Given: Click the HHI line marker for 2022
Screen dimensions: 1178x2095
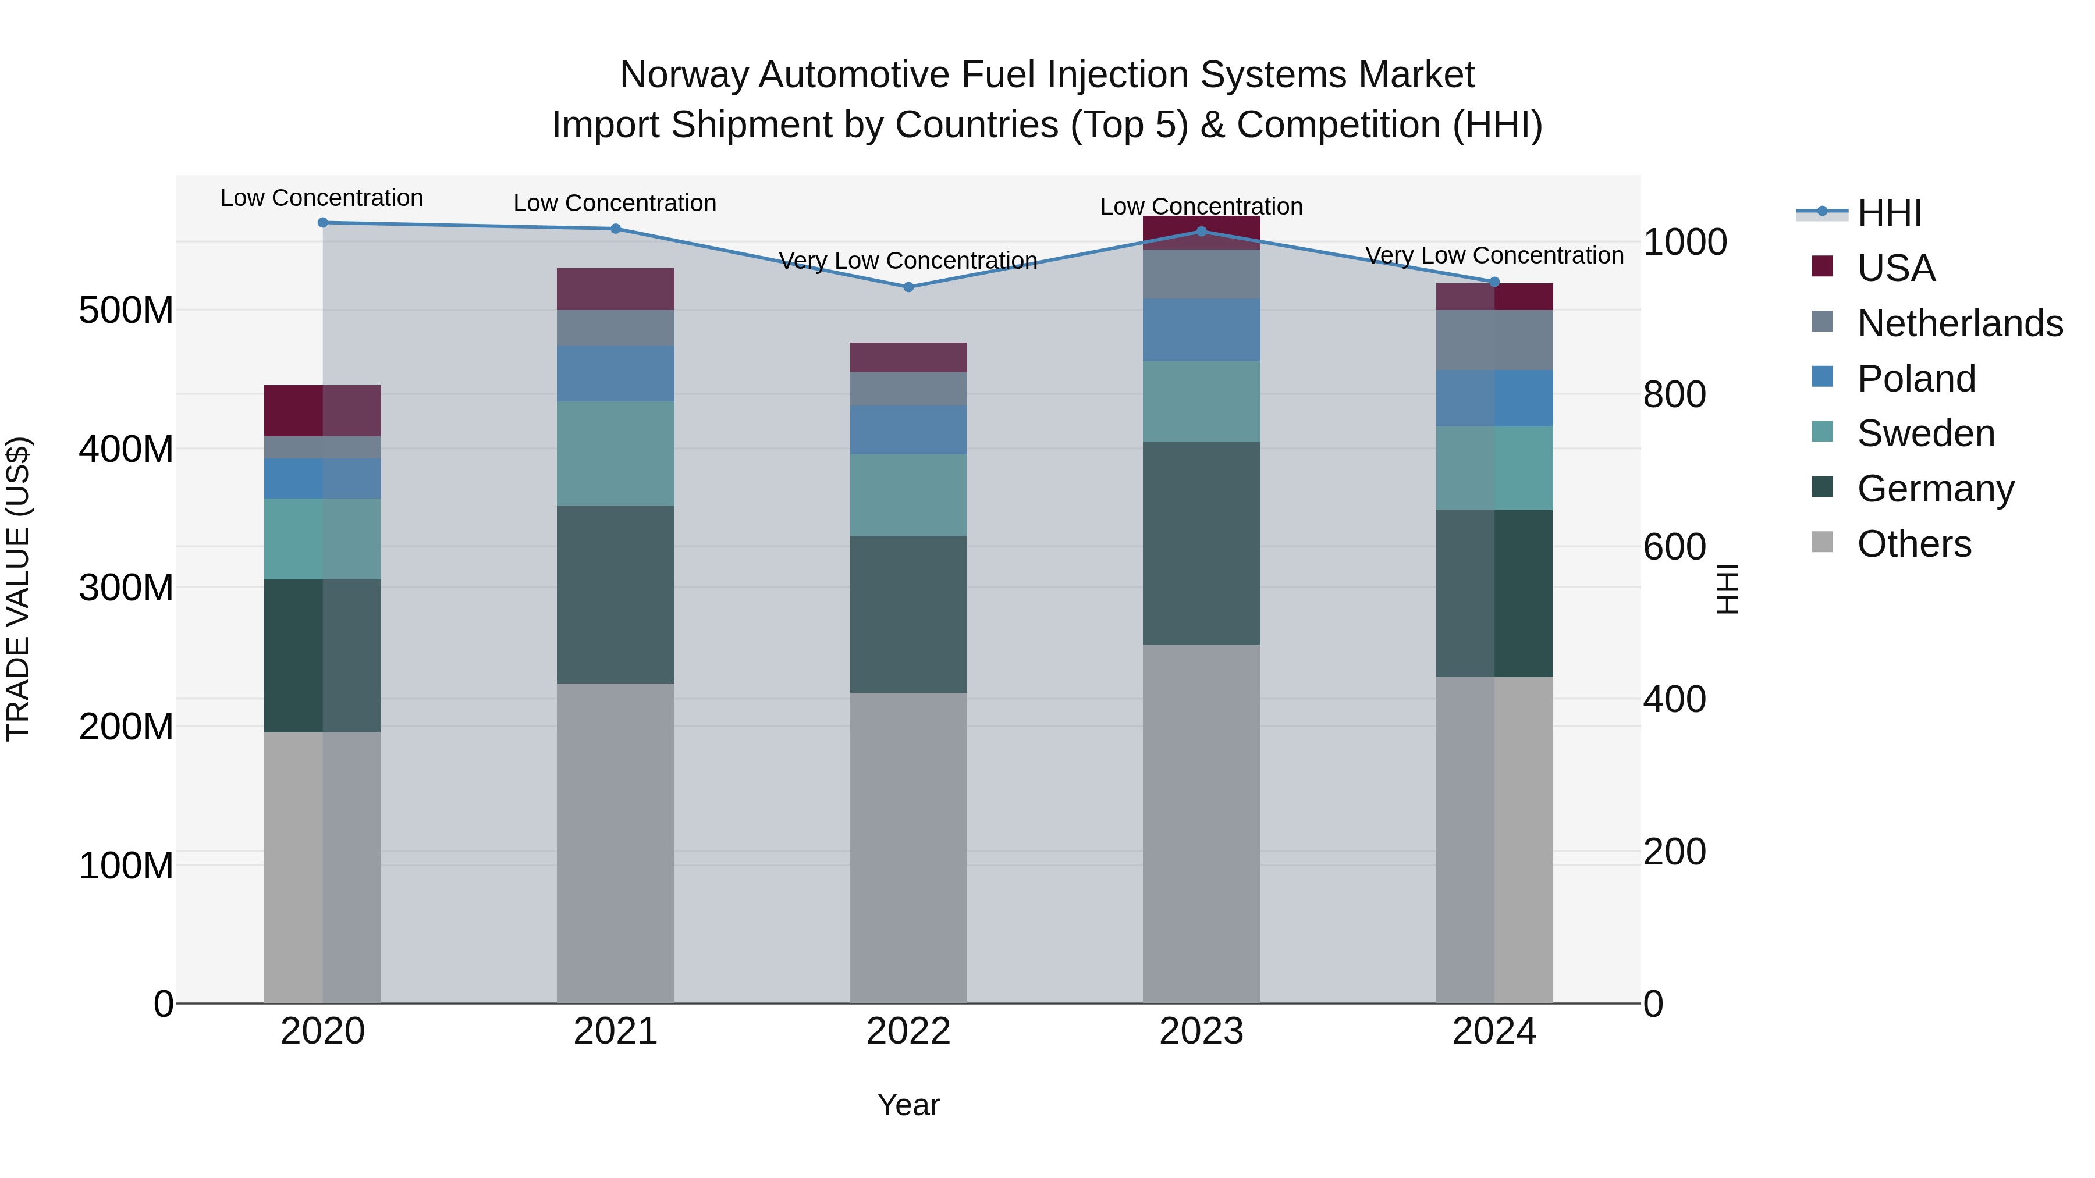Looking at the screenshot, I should coord(908,287).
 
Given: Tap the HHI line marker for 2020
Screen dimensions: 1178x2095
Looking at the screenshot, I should coord(323,222).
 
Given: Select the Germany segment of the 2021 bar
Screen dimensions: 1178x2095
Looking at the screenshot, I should coord(616,595).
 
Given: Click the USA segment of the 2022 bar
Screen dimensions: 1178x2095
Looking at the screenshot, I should coord(908,358).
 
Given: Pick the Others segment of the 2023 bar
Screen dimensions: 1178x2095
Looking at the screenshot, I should coord(1201,824).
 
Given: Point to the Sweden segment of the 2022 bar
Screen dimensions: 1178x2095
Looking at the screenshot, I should coord(908,495).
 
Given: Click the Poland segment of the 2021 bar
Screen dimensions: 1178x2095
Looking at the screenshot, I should coord(616,374).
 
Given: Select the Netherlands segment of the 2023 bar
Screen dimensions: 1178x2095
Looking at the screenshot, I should coord(1201,274).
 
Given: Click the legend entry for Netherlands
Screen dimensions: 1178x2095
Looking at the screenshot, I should coord(1959,323).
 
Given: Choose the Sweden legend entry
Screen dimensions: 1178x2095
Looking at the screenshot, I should coord(1925,433).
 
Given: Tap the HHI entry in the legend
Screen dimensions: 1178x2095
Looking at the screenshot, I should coord(1889,213).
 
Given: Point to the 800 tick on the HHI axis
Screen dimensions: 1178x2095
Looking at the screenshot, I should coord(1674,394).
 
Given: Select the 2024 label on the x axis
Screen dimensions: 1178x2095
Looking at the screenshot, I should coord(1494,1031).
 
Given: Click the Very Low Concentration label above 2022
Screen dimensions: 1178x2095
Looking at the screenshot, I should coord(908,261).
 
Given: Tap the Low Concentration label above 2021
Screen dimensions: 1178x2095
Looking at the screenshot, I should coord(615,203).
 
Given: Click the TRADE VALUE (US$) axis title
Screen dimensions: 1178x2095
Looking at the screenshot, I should coord(18,589).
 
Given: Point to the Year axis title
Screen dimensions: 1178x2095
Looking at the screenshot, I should coord(908,1105).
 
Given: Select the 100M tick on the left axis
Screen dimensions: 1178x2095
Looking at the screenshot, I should coord(126,866).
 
